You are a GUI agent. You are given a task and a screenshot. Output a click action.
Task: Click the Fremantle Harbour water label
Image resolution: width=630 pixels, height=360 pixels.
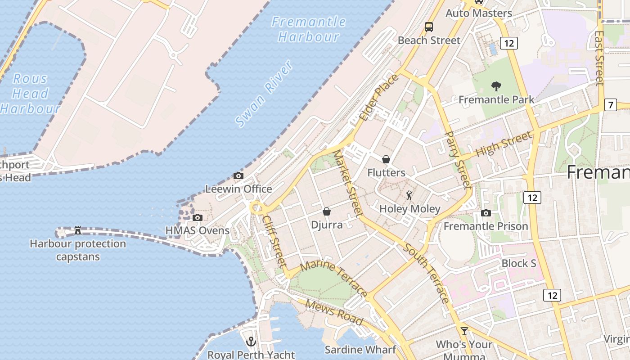pyautogui.click(x=309, y=29)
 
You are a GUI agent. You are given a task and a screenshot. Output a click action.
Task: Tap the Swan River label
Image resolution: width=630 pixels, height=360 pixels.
pyautogui.click(x=265, y=94)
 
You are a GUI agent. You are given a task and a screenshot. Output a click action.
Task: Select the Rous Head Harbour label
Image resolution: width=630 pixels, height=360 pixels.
pyautogui.click(x=30, y=94)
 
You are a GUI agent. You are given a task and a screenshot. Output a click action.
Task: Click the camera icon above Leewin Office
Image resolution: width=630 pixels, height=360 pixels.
pyautogui.click(x=238, y=176)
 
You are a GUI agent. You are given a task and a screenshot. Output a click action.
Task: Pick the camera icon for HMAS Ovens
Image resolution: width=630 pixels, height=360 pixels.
pyautogui.click(x=197, y=218)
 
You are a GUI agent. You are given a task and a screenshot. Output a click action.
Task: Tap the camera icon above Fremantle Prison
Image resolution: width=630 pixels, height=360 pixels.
pyautogui.click(x=486, y=213)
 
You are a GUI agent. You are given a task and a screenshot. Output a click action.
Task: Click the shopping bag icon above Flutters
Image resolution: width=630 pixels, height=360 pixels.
pyautogui.click(x=386, y=159)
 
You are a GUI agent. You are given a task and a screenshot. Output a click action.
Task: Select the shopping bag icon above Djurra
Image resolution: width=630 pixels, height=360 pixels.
pyautogui.click(x=327, y=211)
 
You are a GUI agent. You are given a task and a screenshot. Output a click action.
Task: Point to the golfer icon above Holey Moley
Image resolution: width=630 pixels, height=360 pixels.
pyautogui.click(x=409, y=196)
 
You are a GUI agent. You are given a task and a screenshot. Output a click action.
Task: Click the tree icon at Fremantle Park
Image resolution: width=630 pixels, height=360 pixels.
pyautogui.click(x=496, y=86)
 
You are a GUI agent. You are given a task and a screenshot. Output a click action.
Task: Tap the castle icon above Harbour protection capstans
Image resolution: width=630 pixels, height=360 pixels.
pyautogui.click(x=78, y=230)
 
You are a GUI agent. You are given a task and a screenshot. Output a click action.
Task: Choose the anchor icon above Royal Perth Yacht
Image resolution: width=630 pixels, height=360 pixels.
pyautogui.click(x=251, y=342)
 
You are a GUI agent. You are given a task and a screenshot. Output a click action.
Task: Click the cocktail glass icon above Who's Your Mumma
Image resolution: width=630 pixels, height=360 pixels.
pyautogui.click(x=464, y=331)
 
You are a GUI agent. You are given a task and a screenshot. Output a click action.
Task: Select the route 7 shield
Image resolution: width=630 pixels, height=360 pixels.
pyautogui.click(x=610, y=105)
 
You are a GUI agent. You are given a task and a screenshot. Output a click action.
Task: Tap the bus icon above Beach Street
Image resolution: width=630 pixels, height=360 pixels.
pyautogui.click(x=429, y=27)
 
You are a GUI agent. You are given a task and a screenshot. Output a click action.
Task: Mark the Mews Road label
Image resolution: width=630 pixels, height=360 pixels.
pyautogui.click(x=334, y=312)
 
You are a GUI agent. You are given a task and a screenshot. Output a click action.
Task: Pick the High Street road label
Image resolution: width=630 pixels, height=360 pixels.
pyautogui.click(x=504, y=143)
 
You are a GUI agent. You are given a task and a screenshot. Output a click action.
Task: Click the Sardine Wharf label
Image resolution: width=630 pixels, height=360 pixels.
pyautogui.click(x=360, y=350)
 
